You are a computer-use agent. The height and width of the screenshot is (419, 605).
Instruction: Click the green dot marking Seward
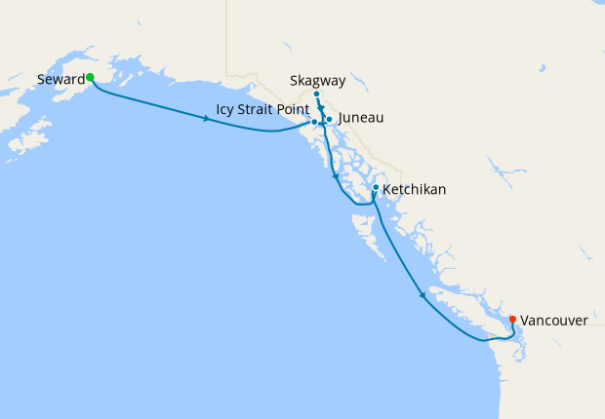[89, 77]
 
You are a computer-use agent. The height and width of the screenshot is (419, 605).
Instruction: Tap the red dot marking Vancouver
[512, 319]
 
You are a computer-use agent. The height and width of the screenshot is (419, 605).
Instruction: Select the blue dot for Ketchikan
[376, 188]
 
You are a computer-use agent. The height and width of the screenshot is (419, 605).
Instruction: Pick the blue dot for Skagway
[317, 95]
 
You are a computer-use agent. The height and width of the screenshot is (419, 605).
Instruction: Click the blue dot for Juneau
[330, 119]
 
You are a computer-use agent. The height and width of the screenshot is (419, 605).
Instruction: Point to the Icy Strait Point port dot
[314, 123]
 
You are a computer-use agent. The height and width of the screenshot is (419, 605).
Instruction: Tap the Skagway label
[317, 80]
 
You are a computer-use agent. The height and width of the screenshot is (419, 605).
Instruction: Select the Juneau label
[361, 118]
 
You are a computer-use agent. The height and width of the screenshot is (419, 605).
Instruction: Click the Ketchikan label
[415, 189]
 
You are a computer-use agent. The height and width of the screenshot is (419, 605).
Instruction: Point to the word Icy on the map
[224, 109]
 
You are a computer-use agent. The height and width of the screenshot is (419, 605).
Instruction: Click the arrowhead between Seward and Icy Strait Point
[206, 119]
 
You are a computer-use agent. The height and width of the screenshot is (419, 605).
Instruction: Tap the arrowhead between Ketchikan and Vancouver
[423, 294]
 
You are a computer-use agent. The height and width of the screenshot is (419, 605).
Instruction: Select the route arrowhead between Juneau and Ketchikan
[336, 177]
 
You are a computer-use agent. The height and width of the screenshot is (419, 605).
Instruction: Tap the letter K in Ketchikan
[387, 189]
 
